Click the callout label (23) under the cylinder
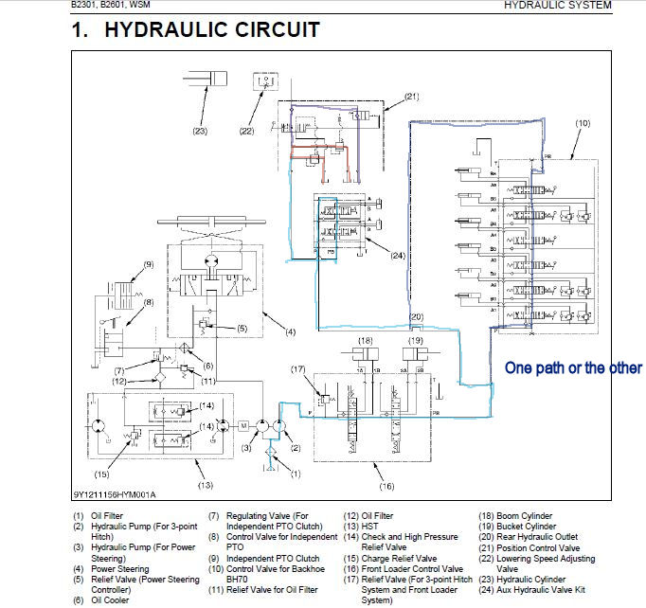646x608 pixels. (200, 131)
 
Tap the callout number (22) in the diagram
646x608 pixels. (246, 131)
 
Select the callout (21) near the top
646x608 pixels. (411, 97)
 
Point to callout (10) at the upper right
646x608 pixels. (583, 123)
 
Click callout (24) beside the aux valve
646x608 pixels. (397, 254)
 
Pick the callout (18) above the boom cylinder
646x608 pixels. (366, 340)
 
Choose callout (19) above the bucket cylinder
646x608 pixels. (415, 340)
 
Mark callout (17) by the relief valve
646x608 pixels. (298, 369)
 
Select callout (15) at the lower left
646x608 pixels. (101, 473)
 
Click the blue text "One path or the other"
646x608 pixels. (573, 367)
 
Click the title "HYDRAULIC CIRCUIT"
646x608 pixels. (211, 29)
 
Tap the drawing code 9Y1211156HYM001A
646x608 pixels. (115, 494)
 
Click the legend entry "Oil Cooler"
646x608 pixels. (111, 599)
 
